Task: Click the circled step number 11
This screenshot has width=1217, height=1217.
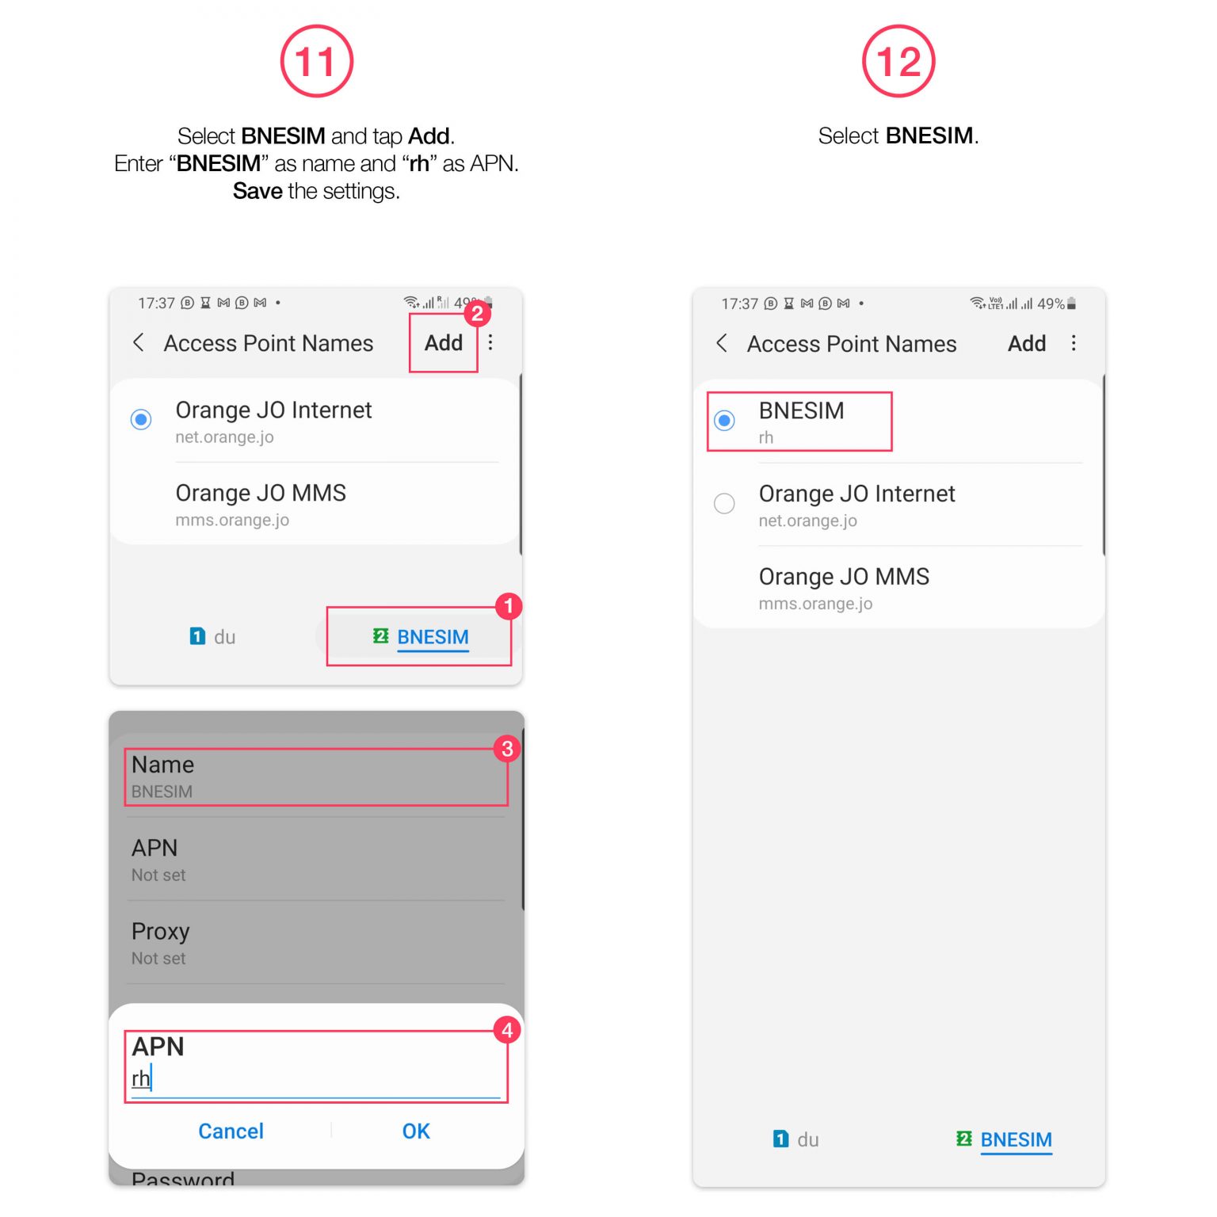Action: coord(316,62)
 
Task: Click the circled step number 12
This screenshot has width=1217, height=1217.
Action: coord(898,62)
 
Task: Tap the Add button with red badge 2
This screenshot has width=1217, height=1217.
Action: coord(443,343)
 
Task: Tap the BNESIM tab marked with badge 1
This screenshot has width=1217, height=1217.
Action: coord(432,637)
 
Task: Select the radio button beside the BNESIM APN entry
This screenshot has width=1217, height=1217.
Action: coord(724,421)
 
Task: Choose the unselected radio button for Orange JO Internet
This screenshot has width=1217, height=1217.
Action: coord(724,504)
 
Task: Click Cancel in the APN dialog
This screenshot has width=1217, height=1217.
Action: coord(231,1131)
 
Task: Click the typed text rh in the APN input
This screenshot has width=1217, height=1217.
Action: coord(140,1078)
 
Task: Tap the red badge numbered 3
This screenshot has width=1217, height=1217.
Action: coord(507,749)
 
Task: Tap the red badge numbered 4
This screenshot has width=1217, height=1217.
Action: coord(507,1030)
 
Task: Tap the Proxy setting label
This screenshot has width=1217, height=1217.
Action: coord(161,932)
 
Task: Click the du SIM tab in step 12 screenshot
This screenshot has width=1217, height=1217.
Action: coord(796,1139)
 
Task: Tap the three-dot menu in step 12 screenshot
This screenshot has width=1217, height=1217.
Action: coord(1074,343)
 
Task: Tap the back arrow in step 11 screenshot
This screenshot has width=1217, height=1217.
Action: coord(139,342)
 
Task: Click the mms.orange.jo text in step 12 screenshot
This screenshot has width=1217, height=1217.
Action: coord(815,604)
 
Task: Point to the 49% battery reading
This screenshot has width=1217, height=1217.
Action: coord(1051,303)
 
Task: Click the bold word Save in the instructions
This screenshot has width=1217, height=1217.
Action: coord(258,191)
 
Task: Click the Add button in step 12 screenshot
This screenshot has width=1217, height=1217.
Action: coord(1026,344)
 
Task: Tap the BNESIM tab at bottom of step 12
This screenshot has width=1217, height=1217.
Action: coord(1015,1139)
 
